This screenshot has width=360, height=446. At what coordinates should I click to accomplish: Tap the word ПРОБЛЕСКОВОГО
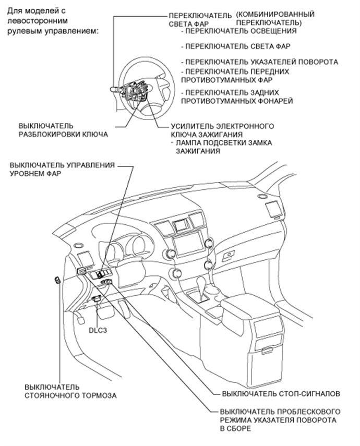click(307, 411)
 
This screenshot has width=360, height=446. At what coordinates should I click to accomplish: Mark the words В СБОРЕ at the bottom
click(237, 429)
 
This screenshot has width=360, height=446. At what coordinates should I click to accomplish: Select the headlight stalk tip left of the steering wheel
click(111, 91)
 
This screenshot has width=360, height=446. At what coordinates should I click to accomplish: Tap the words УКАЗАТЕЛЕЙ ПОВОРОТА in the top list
click(294, 62)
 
